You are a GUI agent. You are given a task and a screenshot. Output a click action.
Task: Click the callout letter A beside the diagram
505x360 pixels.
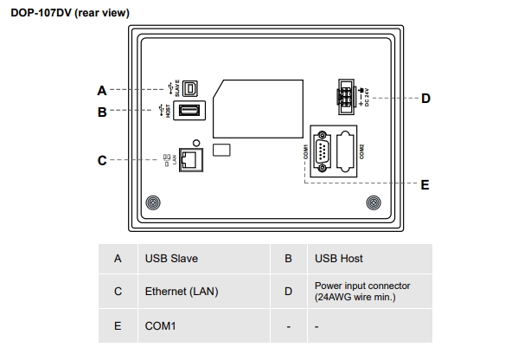point(101,90)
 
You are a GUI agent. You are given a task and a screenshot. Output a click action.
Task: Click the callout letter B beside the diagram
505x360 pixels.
point(101,112)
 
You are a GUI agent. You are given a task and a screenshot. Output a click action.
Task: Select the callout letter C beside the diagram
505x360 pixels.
point(101,159)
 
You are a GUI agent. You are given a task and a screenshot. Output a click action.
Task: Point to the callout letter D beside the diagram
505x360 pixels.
point(425,98)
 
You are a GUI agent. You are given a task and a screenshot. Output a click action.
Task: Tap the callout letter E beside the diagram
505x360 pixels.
point(425,184)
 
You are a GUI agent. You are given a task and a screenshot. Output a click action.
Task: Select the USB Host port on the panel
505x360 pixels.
point(189,110)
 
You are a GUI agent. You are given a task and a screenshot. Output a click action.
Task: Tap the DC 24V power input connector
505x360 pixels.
point(347,97)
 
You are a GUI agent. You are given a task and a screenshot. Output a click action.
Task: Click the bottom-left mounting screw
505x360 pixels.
point(152,203)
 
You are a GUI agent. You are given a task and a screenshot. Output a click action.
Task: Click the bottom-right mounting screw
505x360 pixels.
point(373,203)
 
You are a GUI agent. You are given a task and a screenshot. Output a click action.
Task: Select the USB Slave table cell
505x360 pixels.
point(169,258)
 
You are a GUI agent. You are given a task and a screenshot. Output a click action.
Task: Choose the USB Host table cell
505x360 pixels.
point(339,258)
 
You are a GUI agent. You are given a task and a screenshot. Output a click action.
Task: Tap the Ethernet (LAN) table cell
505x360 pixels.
point(182,292)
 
